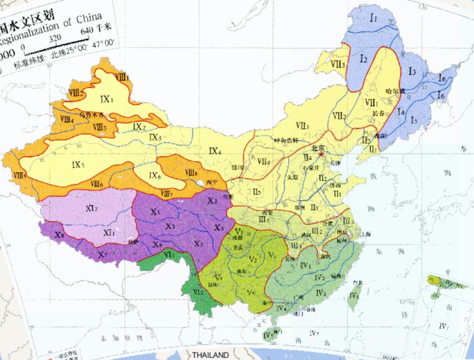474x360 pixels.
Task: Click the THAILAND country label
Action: [210, 355]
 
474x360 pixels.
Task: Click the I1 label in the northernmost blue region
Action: [374, 20]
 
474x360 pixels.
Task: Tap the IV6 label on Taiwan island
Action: [354, 295]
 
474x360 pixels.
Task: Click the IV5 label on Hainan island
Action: [267, 335]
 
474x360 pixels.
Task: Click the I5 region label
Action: [414, 119]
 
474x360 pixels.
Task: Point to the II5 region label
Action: [257, 191]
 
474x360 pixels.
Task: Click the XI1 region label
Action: [109, 232]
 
